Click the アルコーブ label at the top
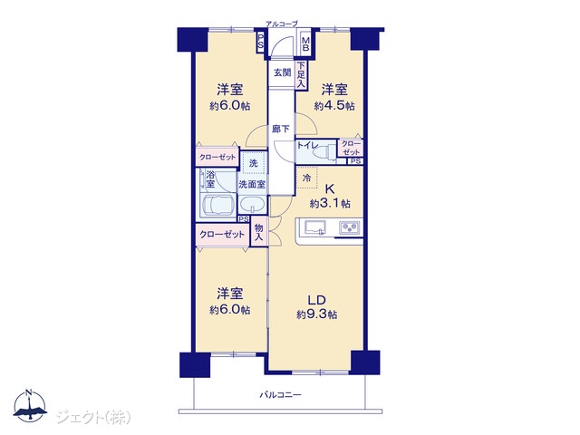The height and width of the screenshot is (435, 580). click(281, 24)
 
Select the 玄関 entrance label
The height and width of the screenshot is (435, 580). click(282, 72)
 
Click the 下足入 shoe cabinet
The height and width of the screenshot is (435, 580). click(301, 74)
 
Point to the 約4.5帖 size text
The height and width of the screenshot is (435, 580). click(334, 106)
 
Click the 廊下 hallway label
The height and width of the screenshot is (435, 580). click(281, 129)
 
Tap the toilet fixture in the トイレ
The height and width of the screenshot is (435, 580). click(324, 150)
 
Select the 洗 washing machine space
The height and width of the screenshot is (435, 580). click(254, 162)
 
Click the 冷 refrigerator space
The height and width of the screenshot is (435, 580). click(306, 178)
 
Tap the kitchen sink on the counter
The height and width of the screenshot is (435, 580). click(315, 227)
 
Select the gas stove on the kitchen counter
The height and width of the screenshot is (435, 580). click(350, 227)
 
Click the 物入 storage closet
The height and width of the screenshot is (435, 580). click(259, 232)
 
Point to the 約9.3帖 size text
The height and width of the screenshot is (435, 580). click(316, 314)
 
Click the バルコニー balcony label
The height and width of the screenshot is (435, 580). click(280, 395)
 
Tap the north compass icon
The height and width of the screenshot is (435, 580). click(30, 405)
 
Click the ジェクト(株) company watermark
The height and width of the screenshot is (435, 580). click(93, 418)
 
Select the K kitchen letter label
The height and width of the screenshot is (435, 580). click(329, 189)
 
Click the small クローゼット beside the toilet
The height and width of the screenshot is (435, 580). click(351, 148)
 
